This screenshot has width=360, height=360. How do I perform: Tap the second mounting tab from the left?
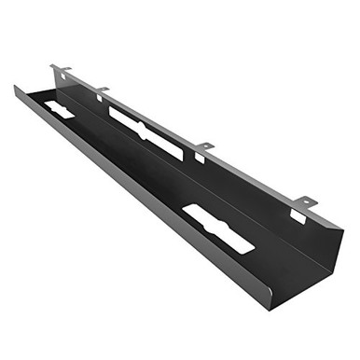pyautogui.click(x=102, y=90)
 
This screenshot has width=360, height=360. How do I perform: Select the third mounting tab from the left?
pyautogui.click(x=204, y=146)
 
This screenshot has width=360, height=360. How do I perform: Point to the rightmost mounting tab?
pyautogui.click(x=304, y=201)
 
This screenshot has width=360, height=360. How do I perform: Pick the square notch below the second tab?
pyautogui.click(x=99, y=98)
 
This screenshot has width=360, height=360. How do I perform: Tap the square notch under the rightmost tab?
pyautogui.click(x=297, y=215)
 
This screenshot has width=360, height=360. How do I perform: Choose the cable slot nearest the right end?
pyautogui.click(x=217, y=228)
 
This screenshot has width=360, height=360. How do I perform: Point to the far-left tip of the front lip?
pyautogui.click(x=16, y=88)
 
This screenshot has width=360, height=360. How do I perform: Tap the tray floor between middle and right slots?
pyautogui.click(x=187, y=187)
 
